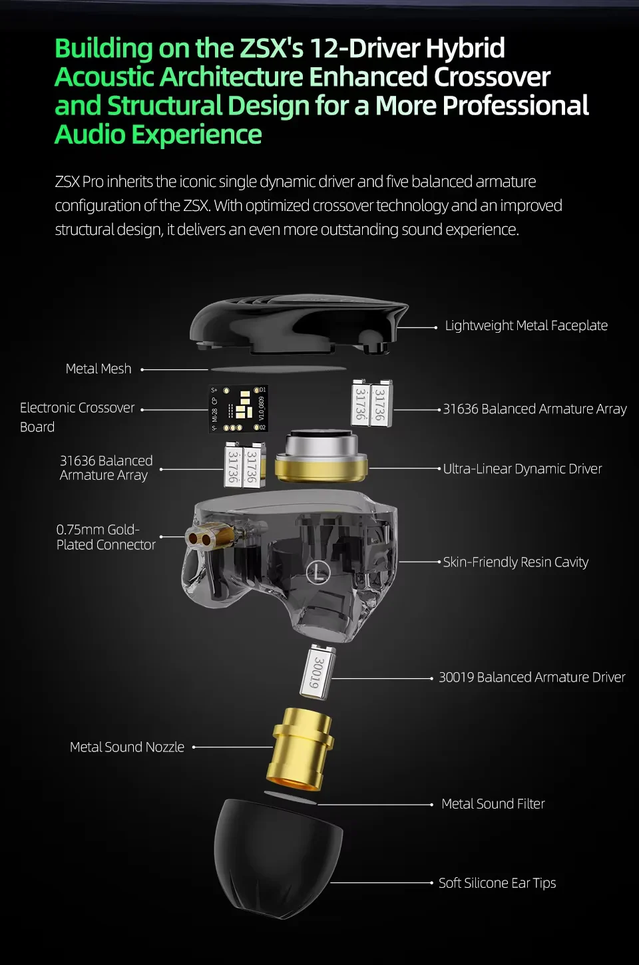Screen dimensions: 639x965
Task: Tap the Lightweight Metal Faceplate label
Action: click(526, 325)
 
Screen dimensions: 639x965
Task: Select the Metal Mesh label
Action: click(99, 369)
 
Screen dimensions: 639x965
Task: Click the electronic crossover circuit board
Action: click(239, 409)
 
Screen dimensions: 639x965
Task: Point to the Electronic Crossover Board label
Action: click(77, 417)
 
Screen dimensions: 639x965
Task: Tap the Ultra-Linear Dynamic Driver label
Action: click(523, 469)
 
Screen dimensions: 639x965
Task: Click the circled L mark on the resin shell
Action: click(318, 573)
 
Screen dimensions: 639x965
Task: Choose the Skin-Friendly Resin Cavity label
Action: click(515, 562)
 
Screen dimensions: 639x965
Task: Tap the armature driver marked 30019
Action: click(318, 672)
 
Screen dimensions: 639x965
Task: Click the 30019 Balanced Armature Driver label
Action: click(532, 677)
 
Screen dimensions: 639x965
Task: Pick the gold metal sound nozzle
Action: click(300, 750)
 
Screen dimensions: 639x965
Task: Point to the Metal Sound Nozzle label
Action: click(126, 747)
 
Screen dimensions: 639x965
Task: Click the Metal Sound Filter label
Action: click(493, 804)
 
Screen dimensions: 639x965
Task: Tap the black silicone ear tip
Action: click(278, 858)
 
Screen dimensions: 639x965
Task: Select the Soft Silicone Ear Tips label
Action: click(497, 883)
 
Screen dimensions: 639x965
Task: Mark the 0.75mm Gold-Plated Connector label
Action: click(106, 537)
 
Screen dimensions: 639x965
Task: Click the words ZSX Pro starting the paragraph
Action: click(79, 182)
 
